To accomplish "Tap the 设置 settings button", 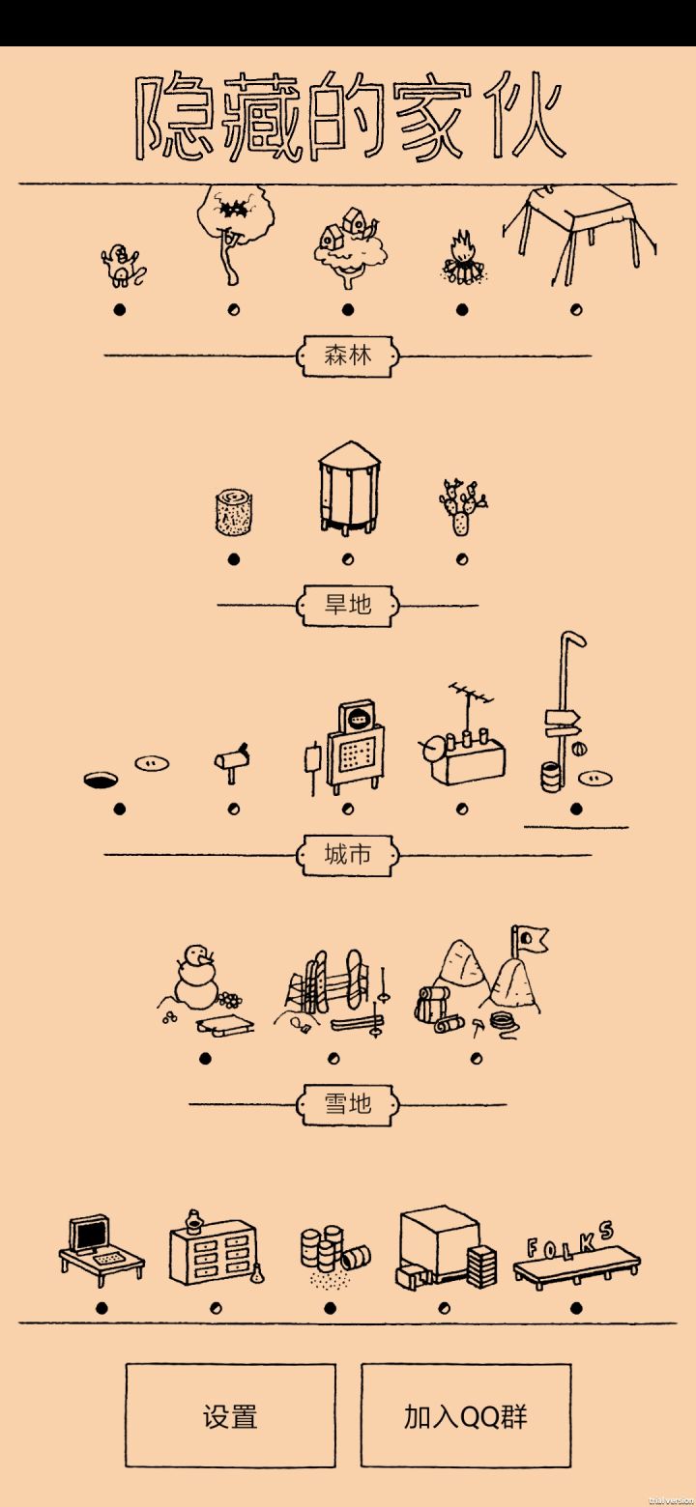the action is click(x=230, y=1415).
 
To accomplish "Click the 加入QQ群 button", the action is click(x=466, y=1415).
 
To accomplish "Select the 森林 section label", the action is click(x=348, y=355).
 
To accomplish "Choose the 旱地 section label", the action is click(x=348, y=605).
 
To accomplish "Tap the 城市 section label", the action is click(x=348, y=855).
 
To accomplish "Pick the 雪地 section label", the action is click(x=348, y=1104).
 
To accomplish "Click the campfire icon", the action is click(x=462, y=257).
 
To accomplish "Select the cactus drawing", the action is click(x=462, y=506).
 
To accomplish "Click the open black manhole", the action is click(x=101, y=780).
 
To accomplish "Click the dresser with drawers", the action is click(x=213, y=1253).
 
